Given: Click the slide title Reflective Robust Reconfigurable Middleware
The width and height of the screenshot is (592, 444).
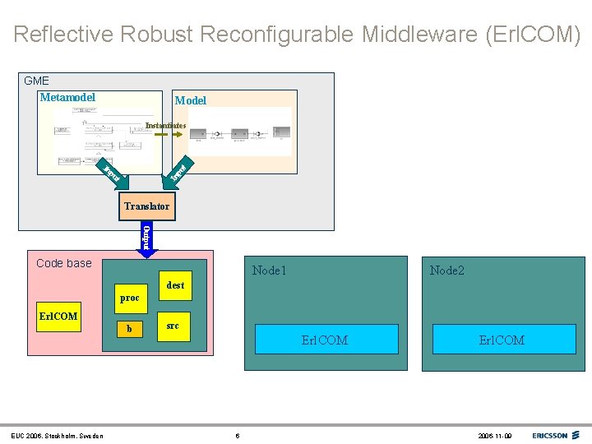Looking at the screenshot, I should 296,35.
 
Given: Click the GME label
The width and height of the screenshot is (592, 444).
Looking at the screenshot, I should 36,81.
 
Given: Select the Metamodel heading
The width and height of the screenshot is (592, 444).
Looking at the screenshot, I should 67,97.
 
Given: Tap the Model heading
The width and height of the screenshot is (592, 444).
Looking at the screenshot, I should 190,100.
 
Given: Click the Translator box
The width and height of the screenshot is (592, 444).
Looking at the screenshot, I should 146,206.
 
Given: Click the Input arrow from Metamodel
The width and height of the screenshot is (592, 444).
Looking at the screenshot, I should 113,173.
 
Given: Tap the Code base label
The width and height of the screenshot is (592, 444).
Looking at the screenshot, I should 64,263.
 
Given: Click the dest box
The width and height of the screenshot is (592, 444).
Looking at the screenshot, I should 175,285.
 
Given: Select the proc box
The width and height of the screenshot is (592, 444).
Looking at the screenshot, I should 129,298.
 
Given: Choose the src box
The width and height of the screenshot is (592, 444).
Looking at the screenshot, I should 173,326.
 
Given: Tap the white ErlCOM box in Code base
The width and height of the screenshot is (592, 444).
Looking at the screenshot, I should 59,317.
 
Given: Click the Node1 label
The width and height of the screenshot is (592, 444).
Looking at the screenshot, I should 270,270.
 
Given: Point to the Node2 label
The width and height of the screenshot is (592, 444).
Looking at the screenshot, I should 446,270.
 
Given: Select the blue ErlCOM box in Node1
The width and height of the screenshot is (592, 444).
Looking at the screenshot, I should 326,340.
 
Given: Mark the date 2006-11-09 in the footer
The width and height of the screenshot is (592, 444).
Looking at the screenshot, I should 495,435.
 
